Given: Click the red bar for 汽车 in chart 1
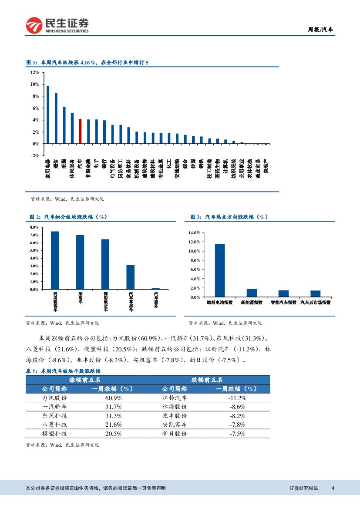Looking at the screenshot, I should tap(80, 131).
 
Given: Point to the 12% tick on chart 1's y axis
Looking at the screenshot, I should tap(34, 72).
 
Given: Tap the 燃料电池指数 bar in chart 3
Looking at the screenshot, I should tap(220, 270).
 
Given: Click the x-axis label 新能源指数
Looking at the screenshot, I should tap(252, 302).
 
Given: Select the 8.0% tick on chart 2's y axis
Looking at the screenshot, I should tap(34, 227).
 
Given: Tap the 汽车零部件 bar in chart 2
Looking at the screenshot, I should tap(131, 277).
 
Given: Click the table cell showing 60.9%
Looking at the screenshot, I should tap(113, 398).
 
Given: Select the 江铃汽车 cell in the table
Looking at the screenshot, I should tap(175, 398).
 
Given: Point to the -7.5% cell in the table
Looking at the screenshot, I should tap(237, 434).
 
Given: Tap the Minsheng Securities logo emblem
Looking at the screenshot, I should tap(34, 25).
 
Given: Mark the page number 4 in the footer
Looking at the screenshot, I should tap(333, 488).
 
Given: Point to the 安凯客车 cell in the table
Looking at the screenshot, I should tap(175, 425).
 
